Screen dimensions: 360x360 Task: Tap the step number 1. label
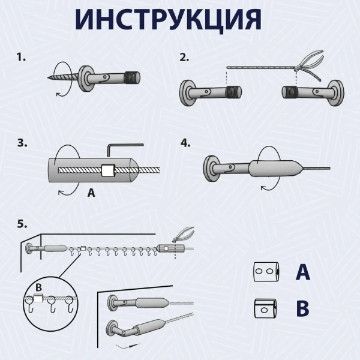22,58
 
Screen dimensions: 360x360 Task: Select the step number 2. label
185,58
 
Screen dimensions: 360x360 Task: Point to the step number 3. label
22,143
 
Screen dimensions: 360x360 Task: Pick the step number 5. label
22,223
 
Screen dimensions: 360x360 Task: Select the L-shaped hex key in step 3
124,148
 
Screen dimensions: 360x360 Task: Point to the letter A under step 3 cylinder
91,193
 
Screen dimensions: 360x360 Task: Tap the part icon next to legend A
263,272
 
